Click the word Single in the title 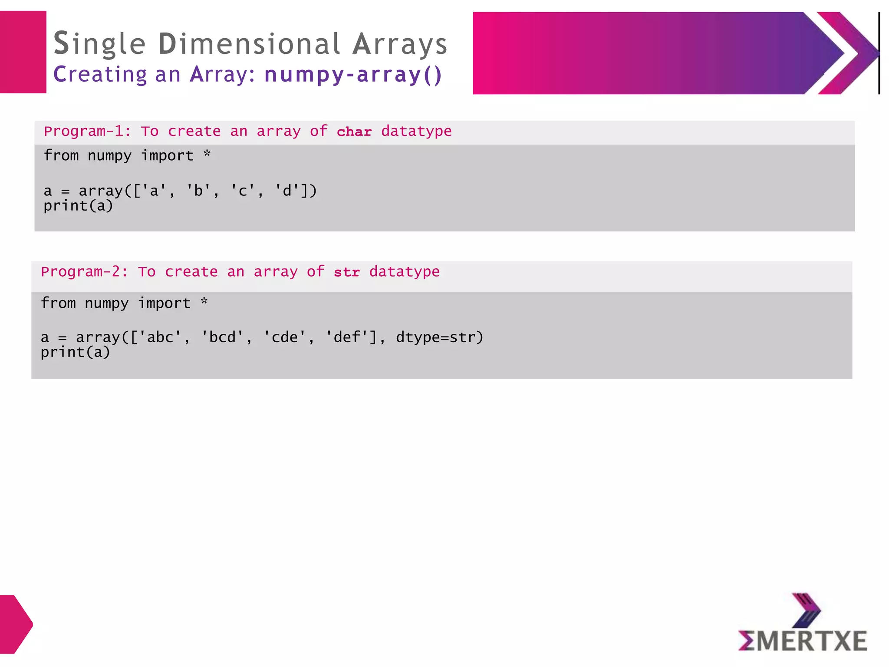(99, 44)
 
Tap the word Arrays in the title (400, 44)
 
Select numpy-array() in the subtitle (353, 74)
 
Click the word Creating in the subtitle (100, 74)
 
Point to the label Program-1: (87, 131)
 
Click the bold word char (354, 132)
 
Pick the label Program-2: (84, 272)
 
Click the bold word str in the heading (347, 272)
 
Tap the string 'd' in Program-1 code (287, 191)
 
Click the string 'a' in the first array (154, 191)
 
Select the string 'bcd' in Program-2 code (222, 337)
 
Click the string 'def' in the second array (347, 337)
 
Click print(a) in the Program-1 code (78, 205)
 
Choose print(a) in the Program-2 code (76, 352)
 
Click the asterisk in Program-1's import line (207, 154)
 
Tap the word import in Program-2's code (164, 303)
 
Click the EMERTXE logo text (803, 641)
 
